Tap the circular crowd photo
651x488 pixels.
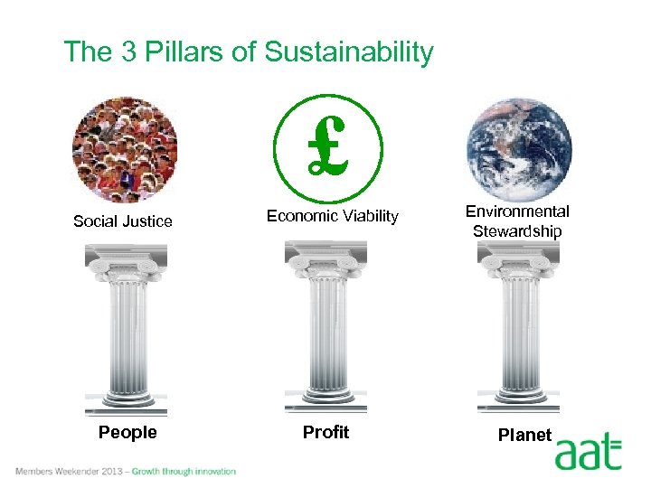(126, 148)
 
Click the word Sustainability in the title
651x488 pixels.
(349, 52)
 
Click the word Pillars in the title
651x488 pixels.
(184, 52)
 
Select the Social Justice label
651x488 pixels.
(123, 221)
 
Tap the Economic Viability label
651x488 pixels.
(332, 215)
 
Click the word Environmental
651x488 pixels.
(517, 211)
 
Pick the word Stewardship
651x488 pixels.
(517, 231)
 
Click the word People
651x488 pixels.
(127, 433)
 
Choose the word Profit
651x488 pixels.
(325, 433)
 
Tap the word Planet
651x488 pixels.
(524, 435)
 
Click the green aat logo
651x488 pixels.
(589, 451)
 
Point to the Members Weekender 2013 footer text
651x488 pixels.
(68, 471)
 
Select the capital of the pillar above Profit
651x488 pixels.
(325, 262)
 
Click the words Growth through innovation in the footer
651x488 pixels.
(184, 471)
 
